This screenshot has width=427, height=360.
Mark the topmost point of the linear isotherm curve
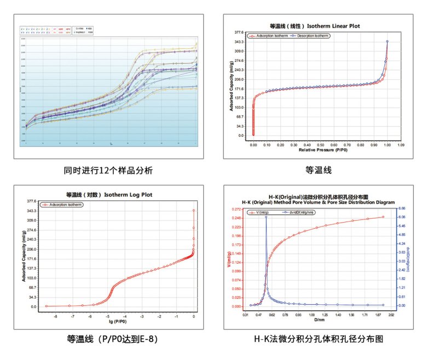pyautogui.click(x=387, y=41)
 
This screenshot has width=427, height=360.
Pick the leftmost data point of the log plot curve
pyautogui.click(x=47, y=306)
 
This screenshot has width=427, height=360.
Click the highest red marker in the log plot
pyautogui.click(x=194, y=210)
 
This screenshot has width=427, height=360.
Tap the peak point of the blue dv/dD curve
pyautogui.click(x=266, y=217)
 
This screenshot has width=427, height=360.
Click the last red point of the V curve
pyautogui.click(x=383, y=217)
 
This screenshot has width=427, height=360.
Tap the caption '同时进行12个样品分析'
pyautogui.click(x=108, y=171)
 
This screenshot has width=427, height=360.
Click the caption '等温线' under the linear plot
pyautogui.click(x=319, y=171)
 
